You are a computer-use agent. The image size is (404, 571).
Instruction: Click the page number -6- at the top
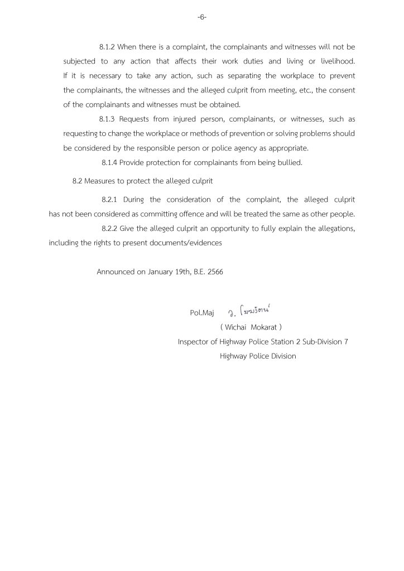click(x=202, y=17)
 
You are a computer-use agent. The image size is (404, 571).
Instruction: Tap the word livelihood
click(x=337, y=61)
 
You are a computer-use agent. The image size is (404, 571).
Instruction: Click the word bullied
click(x=289, y=162)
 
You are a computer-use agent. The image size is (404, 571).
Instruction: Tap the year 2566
click(x=215, y=272)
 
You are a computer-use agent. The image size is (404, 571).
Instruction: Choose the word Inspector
click(x=194, y=341)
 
